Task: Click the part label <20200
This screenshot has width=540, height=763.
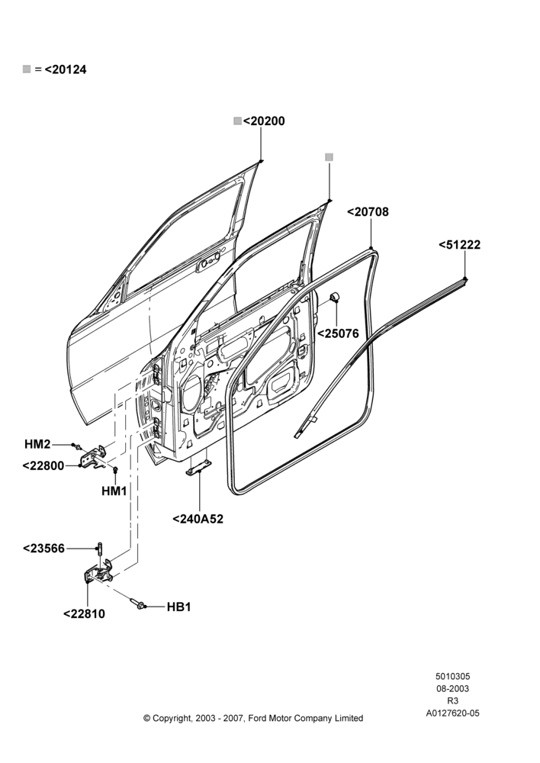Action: (x=264, y=121)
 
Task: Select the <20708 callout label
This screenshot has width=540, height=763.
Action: (x=368, y=211)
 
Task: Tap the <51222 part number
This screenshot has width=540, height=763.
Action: (x=459, y=245)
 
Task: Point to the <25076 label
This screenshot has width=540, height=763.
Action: (x=338, y=333)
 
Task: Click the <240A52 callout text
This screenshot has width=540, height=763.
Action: (x=198, y=519)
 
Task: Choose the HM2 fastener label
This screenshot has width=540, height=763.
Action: (x=37, y=444)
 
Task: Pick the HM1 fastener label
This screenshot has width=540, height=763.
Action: (x=114, y=491)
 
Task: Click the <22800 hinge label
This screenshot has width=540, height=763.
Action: (x=43, y=465)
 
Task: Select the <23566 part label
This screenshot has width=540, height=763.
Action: (x=43, y=549)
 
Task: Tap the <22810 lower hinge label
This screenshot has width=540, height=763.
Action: (x=84, y=613)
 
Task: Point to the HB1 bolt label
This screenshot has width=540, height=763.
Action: (x=178, y=607)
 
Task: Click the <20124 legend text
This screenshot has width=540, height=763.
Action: (x=66, y=69)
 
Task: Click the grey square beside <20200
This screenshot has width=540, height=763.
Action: (x=237, y=121)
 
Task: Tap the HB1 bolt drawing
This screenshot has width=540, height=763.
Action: (x=137, y=604)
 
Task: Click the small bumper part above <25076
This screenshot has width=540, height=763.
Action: (x=335, y=298)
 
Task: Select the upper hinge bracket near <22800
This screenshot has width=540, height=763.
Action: (x=93, y=457)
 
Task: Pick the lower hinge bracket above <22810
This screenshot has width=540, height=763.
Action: (x=98, y=571)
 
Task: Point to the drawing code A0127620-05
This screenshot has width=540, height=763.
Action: (x=452, y=713)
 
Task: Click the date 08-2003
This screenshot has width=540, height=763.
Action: (x=452, y=688)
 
